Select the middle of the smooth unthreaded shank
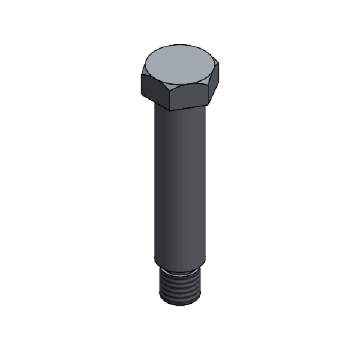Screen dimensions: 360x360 [180, 180]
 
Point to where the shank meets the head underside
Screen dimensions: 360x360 [180, 112]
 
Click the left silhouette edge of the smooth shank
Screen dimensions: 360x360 [155, 180]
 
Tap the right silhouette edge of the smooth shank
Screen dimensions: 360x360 [206, 180]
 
